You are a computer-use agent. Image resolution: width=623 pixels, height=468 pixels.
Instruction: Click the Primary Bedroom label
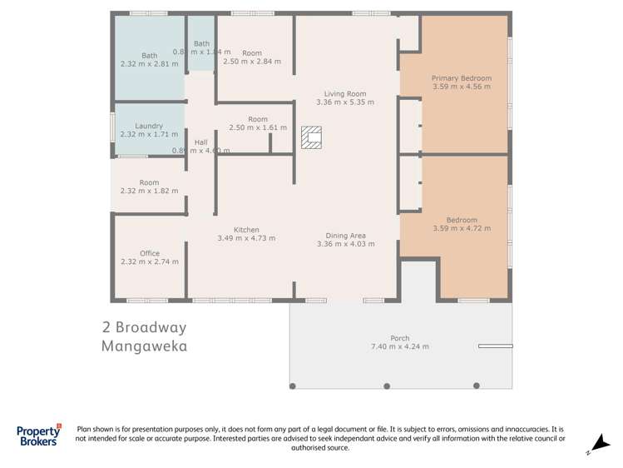461,78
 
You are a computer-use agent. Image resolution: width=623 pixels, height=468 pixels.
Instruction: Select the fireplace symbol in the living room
310,137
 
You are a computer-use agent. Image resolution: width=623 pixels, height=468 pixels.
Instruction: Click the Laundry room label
149,126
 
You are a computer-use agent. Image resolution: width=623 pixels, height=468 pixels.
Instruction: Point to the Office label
149,253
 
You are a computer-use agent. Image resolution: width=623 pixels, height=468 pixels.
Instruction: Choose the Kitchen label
245,230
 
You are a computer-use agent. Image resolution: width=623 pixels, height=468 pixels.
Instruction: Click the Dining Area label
345,235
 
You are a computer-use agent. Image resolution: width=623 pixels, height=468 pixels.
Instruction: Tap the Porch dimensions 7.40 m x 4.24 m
400,346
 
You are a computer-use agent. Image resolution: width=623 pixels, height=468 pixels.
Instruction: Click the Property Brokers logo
39,436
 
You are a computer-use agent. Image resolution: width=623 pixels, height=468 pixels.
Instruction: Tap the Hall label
200,142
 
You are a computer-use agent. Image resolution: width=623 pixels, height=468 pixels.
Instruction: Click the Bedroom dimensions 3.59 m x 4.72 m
461,228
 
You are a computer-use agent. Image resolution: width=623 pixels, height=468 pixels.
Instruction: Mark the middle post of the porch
387,386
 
